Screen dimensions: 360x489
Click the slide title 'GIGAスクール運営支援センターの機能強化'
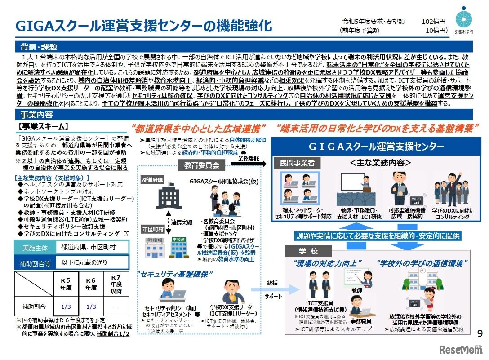tap(144, 26)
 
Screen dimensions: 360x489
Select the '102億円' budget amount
tap(433, 22)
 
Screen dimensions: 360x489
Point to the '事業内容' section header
tap(36, 115)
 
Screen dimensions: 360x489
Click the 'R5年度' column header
tap(66, 284)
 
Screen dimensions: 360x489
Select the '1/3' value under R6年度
tap(91, 307)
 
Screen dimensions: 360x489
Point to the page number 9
tap(479, 333)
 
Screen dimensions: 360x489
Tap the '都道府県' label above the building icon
tap(152, 180)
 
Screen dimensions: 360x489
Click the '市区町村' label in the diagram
tap(152, 227)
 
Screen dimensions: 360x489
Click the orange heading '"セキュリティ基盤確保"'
tap(175, 273)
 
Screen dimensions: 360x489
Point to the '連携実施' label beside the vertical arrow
tap(182, 222)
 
